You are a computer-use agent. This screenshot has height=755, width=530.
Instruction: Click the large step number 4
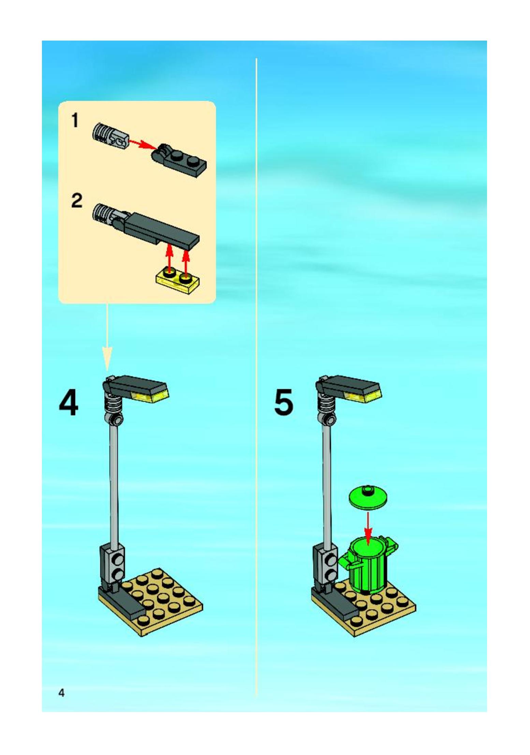tap(69, 403)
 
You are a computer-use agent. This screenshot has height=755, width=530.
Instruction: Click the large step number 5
tap(283, 403)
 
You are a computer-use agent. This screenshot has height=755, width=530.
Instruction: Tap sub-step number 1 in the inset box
tap(75, 121)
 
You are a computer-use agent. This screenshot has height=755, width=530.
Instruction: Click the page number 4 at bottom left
tap(61, 693)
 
